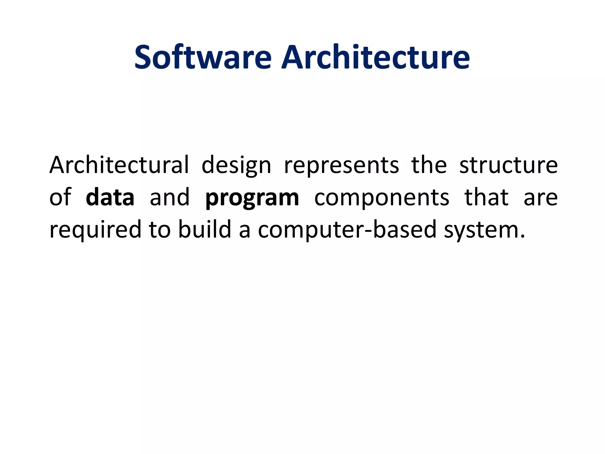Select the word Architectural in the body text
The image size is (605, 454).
pyautogui.click(x=119, y=165)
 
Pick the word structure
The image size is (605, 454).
pyautogui.click(x=508, y=165)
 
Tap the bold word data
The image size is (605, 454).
pyautogui.click(x=110, y=197)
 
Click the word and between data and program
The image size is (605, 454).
pyautogui.click(x=170, y=197)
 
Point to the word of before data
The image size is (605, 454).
pyautogui.click(x=60, y=197)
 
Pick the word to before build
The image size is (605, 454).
pyautogui.click(x=160, y=230)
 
